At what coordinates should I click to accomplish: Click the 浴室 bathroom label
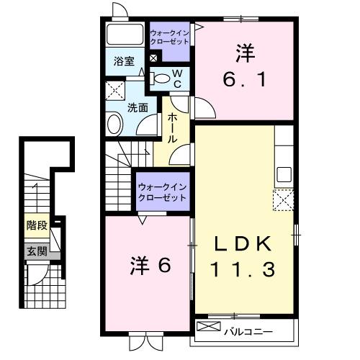pos(124,61)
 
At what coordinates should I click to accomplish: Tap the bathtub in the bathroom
pos(125,36)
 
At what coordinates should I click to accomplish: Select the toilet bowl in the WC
pos(161,78)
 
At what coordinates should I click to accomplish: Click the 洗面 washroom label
pos(138,108)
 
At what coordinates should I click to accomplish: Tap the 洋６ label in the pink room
pos(150,265)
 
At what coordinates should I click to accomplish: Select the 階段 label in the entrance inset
pos(37,226)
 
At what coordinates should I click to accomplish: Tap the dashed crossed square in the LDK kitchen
pos(283,199)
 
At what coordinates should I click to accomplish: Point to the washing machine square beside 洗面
pos(115,92)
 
